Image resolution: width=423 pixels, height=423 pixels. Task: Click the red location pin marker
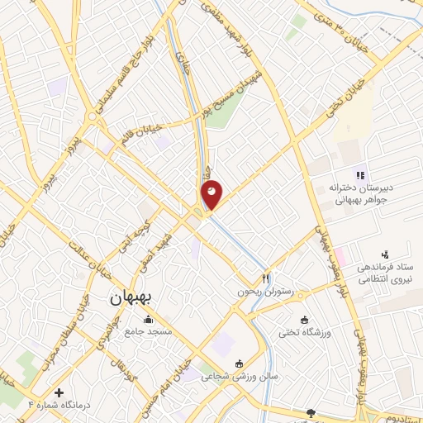[211, 193]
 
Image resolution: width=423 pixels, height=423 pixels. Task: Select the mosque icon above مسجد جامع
[148, 320]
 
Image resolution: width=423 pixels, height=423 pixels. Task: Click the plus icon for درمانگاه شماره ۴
[59, 392]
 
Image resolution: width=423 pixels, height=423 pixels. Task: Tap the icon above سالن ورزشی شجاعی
[240, 363]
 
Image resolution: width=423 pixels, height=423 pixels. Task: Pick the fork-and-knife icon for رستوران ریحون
[266, 278]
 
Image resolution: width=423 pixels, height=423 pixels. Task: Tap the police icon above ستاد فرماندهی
[384, 254]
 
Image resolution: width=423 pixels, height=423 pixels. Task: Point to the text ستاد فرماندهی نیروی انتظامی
[385, 276]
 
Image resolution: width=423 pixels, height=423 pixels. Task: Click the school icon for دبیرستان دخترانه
[359, 174]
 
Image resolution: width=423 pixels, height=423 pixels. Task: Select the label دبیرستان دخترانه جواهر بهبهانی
[360, 194]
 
